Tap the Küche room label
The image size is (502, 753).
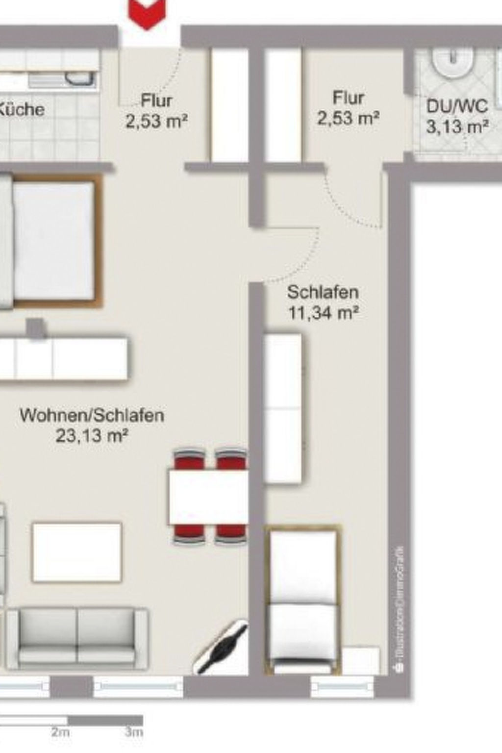pos(22,108)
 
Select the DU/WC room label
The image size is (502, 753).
pos(456,106)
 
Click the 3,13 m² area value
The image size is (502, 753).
pos(457,127)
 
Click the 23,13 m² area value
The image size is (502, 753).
pos(92,435)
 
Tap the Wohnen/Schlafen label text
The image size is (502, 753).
pos(92,415)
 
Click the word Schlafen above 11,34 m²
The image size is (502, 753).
pos(323,292)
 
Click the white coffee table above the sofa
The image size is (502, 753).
pos(76,552)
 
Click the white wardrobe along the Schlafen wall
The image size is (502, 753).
pos(283,408)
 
